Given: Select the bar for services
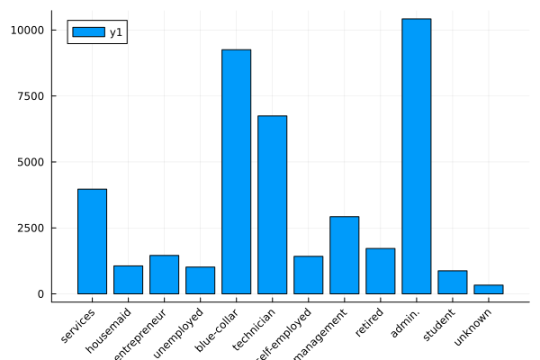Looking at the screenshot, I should [92, 241].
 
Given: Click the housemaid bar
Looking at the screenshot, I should [128, 280].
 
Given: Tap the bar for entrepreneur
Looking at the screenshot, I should [164, 274].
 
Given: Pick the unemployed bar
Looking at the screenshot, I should [200, 281].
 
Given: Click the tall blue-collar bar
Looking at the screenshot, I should [236, 171].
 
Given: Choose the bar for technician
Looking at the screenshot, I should [272, 204].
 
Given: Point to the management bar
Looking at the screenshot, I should [344, 256].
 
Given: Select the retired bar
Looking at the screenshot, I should [380, 271].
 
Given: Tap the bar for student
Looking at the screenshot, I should [452, 283].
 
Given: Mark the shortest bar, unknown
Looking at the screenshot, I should [488, 289].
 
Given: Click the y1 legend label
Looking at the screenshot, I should [115, 32].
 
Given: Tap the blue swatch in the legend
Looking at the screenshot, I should [87, 32].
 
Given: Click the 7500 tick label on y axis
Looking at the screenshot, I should [31, 96].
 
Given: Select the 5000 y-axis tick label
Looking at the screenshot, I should [31, 162].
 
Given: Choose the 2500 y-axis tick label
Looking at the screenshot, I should [31, 229].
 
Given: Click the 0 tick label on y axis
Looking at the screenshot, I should [41, 294].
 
